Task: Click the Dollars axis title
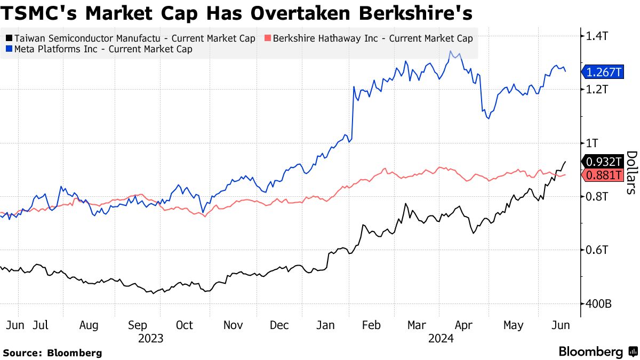(631, 172)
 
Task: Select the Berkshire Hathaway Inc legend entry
(369, 38)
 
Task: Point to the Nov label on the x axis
(233, 325)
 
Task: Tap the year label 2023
(150, 338)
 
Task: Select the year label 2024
(441, 338)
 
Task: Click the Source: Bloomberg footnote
(52, 353)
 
